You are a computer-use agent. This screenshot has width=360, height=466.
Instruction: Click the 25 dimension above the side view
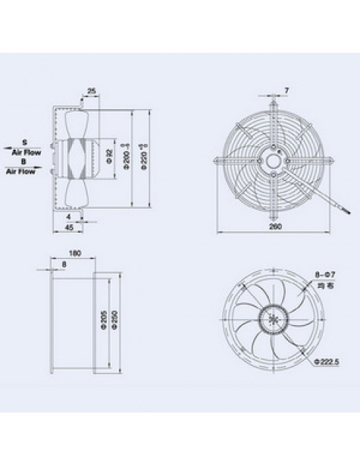click(91, 91)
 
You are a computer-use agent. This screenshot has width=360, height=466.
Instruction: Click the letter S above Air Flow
click(24, 140)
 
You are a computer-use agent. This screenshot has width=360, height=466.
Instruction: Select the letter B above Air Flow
click(24, 160)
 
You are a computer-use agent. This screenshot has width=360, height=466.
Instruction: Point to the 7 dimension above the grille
click(287, 91)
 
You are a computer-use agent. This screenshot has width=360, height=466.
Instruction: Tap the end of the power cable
click(341, 210)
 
